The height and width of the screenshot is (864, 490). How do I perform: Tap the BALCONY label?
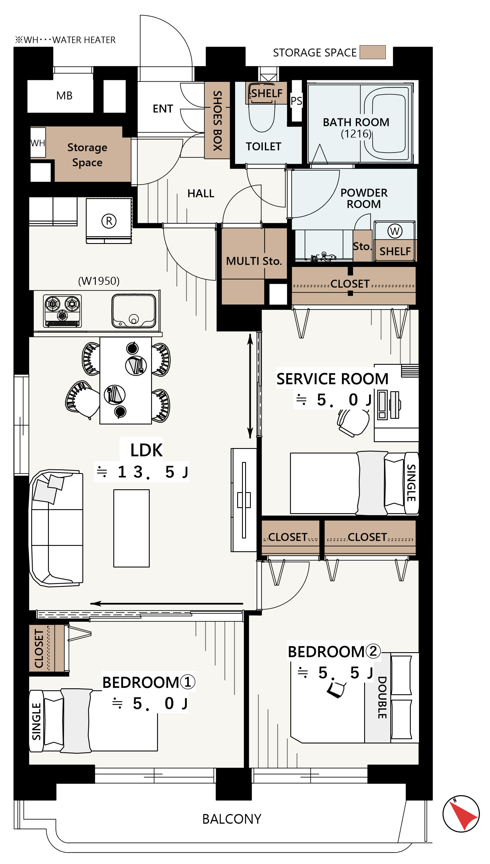[x=232, y=819]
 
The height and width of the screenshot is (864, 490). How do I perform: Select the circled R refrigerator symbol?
[x=109, y=221]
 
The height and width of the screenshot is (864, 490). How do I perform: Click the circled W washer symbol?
[x=395, y=231]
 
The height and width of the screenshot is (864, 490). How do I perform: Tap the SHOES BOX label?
[x=217, y=121]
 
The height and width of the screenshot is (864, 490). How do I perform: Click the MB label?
[x=64, y=96]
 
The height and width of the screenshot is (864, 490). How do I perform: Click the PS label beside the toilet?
[x=297, y=101]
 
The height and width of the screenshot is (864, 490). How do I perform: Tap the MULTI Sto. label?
[x=254, y=261]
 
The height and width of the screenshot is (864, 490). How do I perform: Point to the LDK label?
[x=146, y=450]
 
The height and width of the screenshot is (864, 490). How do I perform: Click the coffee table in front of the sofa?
[x=131, y=528]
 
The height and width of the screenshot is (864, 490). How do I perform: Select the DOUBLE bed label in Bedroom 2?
[x=382, y=698]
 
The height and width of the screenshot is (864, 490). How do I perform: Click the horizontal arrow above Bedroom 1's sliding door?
[x=166, y=604]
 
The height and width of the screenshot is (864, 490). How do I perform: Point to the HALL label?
[x=201, y=194]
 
